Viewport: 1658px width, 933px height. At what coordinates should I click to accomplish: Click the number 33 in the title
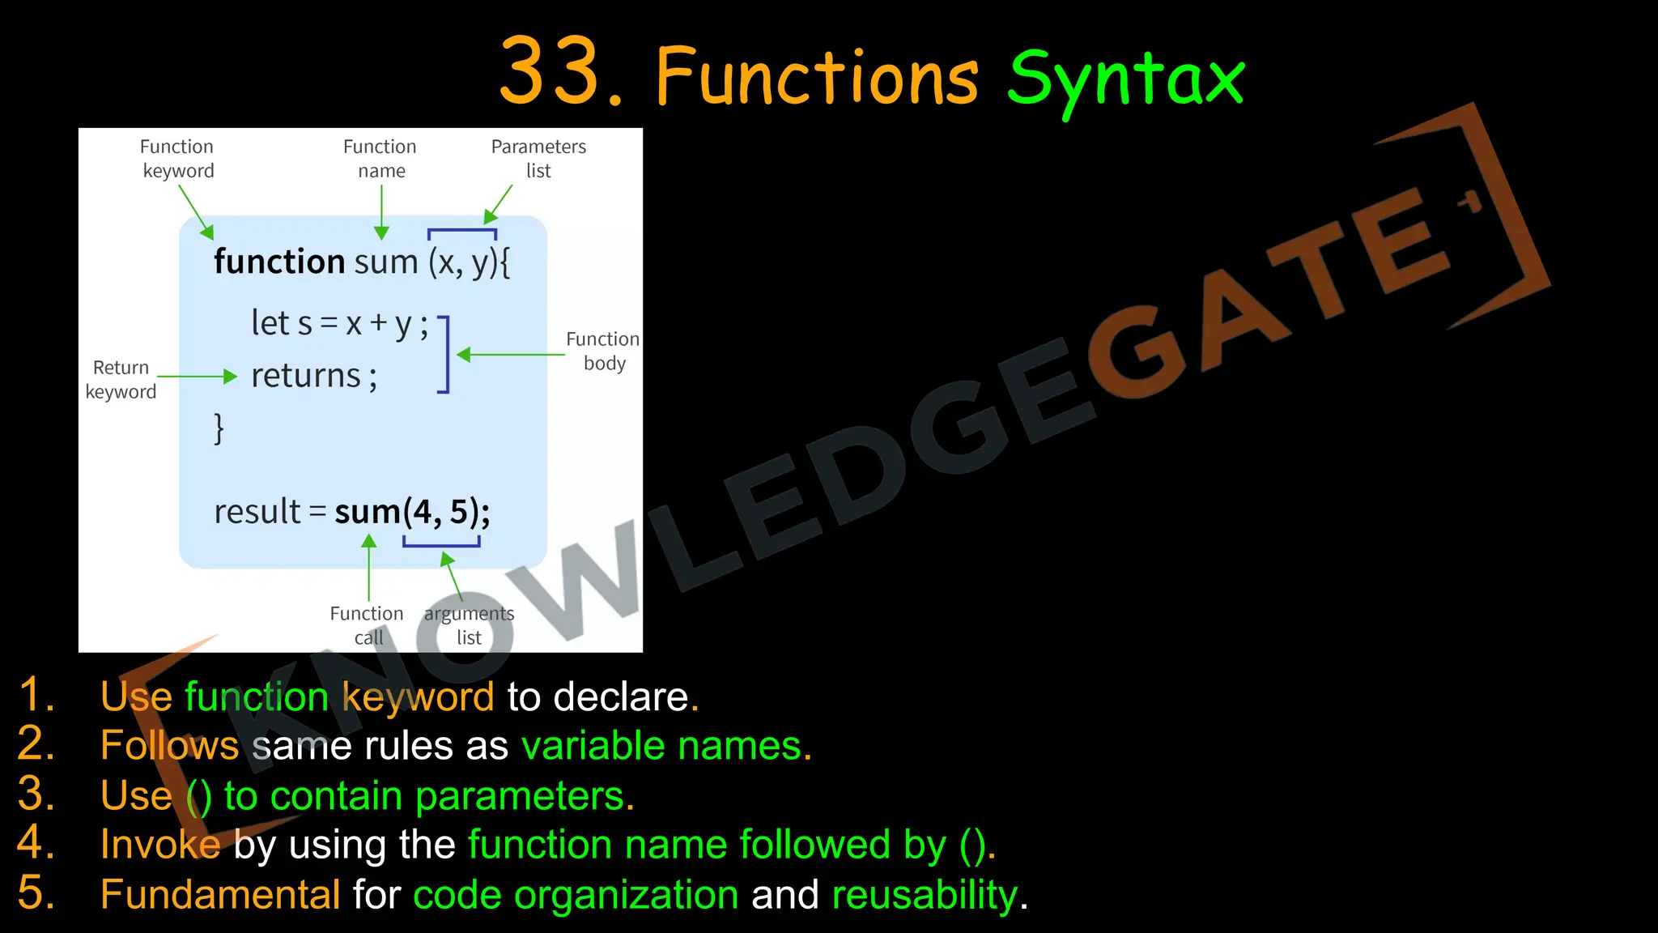550,73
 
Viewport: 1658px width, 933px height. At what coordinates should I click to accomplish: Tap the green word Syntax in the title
1125,79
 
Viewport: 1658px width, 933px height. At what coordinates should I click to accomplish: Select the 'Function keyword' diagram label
177,159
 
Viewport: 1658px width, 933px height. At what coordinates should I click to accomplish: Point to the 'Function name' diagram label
380,159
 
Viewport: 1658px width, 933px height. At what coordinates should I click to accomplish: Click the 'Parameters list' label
538,159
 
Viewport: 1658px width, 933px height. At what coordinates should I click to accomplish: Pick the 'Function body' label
603,351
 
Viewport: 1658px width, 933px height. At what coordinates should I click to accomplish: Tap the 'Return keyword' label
121,379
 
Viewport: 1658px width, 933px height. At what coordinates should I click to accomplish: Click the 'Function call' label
367,624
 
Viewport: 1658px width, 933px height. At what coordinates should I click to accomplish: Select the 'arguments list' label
469,624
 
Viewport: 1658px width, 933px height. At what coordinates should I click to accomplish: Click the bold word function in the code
279,262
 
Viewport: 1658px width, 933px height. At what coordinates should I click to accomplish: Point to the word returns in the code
306,376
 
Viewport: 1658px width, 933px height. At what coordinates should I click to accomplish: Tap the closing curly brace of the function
219,428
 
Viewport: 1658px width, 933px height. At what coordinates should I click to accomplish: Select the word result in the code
257,512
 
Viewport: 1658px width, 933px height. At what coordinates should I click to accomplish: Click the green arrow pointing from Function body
510,355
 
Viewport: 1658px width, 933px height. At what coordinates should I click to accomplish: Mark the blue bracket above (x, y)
462,232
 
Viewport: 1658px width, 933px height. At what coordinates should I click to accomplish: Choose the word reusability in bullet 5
925,895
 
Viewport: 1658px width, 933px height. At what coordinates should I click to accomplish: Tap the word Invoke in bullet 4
160,845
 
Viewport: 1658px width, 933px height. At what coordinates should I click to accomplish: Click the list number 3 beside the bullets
36,794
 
